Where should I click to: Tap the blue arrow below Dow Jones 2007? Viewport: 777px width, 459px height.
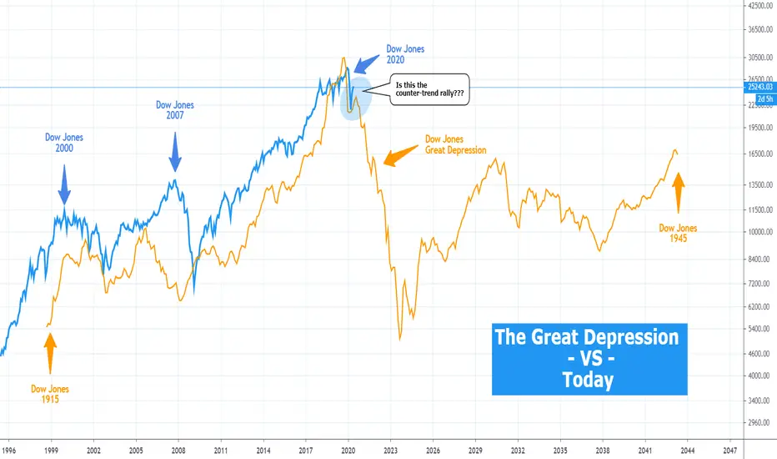tap(175, 154)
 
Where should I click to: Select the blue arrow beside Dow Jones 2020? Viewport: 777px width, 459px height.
tap(365, 63)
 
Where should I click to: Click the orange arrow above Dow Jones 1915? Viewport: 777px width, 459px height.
tap(50, 351)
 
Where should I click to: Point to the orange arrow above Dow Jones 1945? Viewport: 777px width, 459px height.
tap(678, 191)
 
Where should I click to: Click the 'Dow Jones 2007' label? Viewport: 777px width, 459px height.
tap(175, 110)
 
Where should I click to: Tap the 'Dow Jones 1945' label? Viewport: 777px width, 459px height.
tap(678, 232)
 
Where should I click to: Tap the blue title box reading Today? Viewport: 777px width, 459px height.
tap(589, 359)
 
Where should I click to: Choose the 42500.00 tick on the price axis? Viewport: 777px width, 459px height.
tap(759, 6)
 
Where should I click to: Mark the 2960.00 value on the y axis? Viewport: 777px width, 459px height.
tap(759, 423)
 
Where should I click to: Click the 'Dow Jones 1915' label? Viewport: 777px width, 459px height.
tap(50, 394)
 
